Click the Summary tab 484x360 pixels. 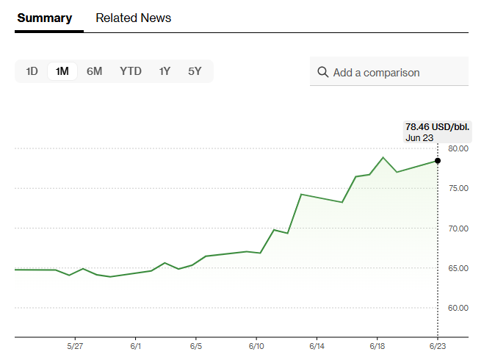point(45,18)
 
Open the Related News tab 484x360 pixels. point(133,18)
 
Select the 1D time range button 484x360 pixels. point(32,71)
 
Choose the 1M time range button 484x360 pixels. point(62,71)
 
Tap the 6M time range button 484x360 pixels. point(94,71)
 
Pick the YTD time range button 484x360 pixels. point(131,71)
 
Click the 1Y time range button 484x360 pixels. point(165,71)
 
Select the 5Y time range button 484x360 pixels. point(195,71)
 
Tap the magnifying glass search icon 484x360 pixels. point(322,72)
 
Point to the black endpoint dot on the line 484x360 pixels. point(438,160)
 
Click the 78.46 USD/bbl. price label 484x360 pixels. point(437,126)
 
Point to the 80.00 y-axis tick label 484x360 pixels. point(458,148)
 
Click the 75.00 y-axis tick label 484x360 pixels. point(458,188)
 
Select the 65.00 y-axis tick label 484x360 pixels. point(458,268)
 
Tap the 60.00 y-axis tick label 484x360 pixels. point(458,308)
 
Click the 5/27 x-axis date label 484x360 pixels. point(75,345)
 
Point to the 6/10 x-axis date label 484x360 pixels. point(256,345)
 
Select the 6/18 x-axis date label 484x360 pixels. point(378,345)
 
